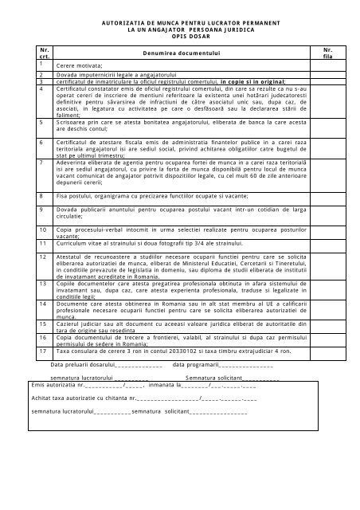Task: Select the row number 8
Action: tap(30, 194)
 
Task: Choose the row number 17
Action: tap(31, 348)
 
